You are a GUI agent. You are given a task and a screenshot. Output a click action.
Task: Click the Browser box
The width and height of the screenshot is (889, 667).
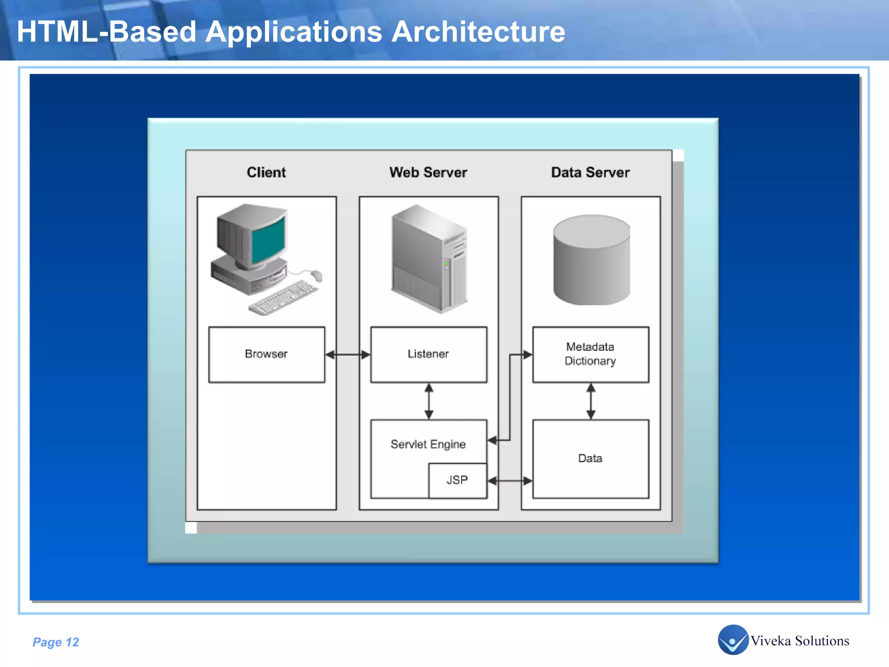[x=267, y=354]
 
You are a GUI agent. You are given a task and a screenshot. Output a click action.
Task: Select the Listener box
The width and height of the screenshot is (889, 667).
[x=428, y=354]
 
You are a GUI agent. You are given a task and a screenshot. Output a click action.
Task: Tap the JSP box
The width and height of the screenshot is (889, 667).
[x=458, y=480]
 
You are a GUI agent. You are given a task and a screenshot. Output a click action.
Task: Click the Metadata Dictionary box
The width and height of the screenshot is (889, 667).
[x=590, y=354]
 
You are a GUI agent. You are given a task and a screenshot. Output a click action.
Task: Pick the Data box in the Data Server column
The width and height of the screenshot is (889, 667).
[x=590, y=459]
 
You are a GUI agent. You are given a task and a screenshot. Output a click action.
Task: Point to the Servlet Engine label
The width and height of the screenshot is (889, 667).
[x=428, y=444]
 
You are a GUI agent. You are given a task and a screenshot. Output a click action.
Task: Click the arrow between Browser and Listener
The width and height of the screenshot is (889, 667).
[x=348, y=355]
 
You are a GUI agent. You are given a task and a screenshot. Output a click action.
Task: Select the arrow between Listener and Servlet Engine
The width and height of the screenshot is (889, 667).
[x=429, y=401]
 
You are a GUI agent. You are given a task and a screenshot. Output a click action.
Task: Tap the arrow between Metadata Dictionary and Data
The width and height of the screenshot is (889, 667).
[x=591, y=401]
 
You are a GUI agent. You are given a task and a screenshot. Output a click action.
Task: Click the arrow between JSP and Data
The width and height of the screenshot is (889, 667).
[x=510, y=481]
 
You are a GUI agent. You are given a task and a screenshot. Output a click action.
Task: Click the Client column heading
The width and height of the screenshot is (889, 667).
[x=266, y=172]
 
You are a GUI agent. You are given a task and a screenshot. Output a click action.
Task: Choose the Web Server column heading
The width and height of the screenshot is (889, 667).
[x=428, y=172]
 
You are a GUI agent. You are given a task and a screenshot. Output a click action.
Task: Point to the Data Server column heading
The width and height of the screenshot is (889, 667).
[x=590, y=172]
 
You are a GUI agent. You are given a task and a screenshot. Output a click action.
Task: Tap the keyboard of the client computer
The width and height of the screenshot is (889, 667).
[x=283, y=298]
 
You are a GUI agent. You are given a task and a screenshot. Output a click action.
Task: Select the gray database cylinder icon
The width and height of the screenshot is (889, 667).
[x=591, y=261]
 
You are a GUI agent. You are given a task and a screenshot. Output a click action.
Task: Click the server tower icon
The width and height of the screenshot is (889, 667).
[x=429, y=259]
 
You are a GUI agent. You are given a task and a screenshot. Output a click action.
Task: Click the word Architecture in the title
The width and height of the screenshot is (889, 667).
[x=478, y=32]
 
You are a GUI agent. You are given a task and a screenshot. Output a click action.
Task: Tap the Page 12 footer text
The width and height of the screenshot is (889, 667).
[x=56, y=642]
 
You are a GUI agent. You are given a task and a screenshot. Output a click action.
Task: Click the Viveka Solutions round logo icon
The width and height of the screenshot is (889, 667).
[x=733, y=640]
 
